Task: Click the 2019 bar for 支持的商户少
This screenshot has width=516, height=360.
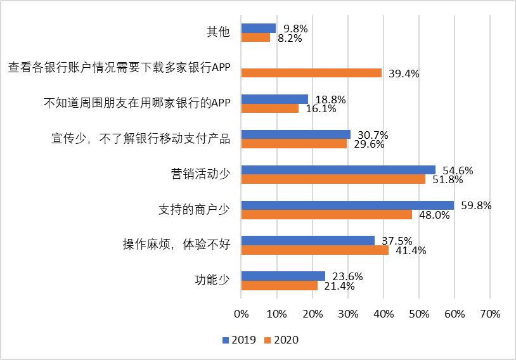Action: click(347, 205)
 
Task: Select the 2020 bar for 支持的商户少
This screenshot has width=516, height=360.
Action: click(326, 214)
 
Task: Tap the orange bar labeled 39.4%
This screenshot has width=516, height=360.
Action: click(311, 73)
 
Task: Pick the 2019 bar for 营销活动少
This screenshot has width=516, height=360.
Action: click(338, 170)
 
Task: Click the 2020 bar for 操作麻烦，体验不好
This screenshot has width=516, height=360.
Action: click(314, 250)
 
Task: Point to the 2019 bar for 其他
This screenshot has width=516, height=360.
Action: click(258, 28)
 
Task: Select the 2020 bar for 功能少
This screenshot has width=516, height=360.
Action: click(279, 285)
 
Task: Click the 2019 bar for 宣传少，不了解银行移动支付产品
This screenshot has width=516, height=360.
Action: click(295, 134)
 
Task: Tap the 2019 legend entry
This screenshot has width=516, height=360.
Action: click(240, 340)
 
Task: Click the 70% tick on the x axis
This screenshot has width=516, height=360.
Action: click(490, 314)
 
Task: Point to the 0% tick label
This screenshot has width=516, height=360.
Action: click(241, 314)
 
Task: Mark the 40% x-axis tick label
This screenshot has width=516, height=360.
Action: click(383, 314)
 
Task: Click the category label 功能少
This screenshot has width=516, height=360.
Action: click(212, 280)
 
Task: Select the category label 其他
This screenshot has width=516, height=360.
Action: click(218, 32)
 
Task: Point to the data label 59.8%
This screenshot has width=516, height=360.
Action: click(476, 205)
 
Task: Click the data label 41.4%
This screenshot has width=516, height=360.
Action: click(410, 250)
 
